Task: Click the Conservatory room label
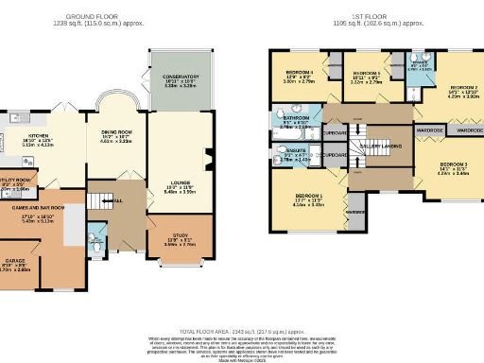tap(181, 77)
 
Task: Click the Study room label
tap(180, 238)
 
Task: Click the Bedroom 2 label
tap(450, 87)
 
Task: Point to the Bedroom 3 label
tap(452, 164)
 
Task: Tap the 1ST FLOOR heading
tap(370, 17)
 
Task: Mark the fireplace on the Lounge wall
tap(206, 165)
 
